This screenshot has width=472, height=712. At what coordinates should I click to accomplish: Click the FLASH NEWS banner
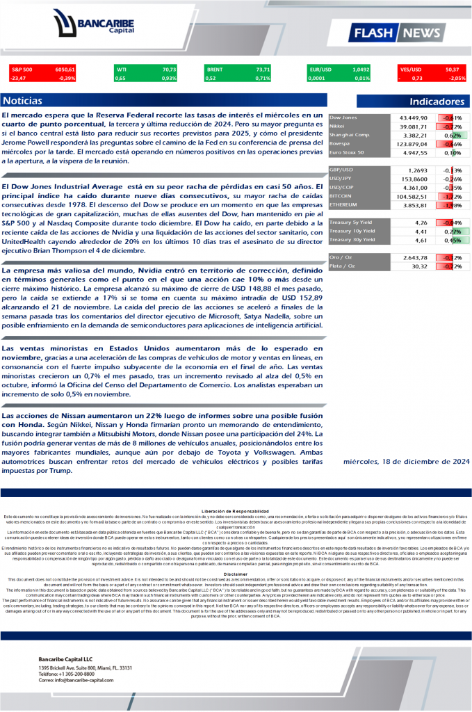pyautogui.click(x=396, y=33)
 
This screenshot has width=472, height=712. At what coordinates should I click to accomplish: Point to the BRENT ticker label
pyautogui.click(x=215, y=70)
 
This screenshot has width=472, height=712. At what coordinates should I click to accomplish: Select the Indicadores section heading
pyautogui.click(x=437, y=102)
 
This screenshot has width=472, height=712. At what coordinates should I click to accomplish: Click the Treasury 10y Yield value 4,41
pyautogui.click(x=418, y=232)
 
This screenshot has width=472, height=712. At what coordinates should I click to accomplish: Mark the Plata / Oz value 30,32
pyautogui.click(x=419, y=266)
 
